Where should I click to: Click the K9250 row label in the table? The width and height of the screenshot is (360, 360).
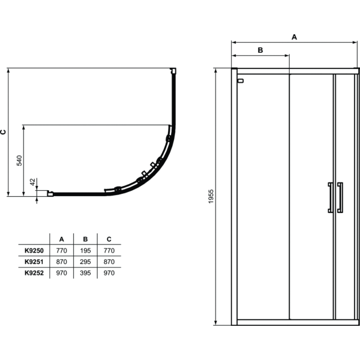click(34, 250)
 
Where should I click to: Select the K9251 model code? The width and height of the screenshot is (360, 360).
click(34, 262)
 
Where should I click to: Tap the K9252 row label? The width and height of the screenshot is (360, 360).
click(34, 273)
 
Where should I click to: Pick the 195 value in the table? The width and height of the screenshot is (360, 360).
click(85, 250)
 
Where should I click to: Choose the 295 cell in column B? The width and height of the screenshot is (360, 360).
click(85, 262)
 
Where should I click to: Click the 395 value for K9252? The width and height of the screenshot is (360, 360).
click(85, 273)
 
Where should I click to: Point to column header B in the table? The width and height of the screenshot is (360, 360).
click(85, 239)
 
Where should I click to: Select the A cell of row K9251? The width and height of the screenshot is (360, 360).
click(62, 262)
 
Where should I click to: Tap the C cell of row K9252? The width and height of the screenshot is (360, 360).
click(109, 273)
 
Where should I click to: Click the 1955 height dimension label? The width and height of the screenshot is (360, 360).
click(211, 196)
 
